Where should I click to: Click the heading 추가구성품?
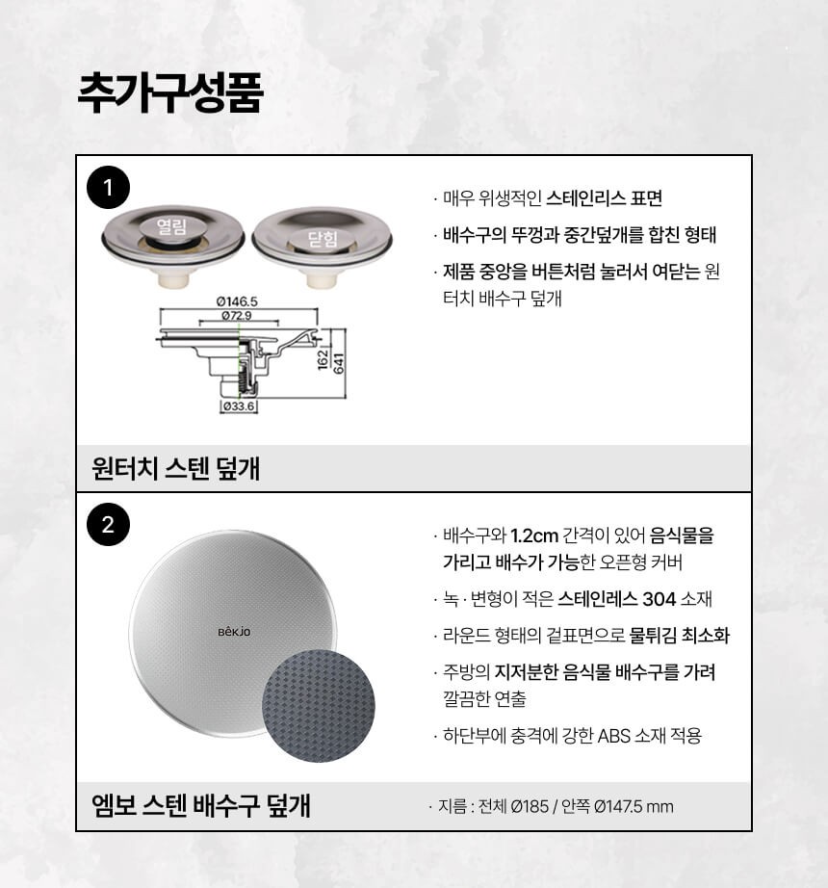(x=169, y=92)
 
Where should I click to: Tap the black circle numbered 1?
(x=108, y=188)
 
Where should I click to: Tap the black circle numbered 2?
(x=108, y=524)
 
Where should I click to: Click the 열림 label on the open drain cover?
(x=172, y=227)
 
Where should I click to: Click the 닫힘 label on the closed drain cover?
(x=323, y=239)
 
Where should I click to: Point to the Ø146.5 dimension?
(x=237, y=301)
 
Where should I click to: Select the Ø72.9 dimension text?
(x=237, y=315)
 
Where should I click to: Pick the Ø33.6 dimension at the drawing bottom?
(x=238, y=406)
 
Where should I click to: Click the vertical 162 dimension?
(x=323, y=359)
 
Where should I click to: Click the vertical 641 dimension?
(x=339, y=363)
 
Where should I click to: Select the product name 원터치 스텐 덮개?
(x=175, y=469)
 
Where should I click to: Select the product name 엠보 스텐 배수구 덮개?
(x=201, y=805)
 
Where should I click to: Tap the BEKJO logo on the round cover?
(x=234, y=632)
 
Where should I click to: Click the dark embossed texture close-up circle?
(x=319, y=706)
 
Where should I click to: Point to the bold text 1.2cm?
(x=534, y=535)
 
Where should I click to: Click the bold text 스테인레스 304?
(x=616, y=599)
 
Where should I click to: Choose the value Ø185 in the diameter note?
(x=530, y=806)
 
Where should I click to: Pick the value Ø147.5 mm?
(x=634, y=806)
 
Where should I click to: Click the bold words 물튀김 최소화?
(x=680, y=635)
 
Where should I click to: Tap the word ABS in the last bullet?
(x=614, y=736)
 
